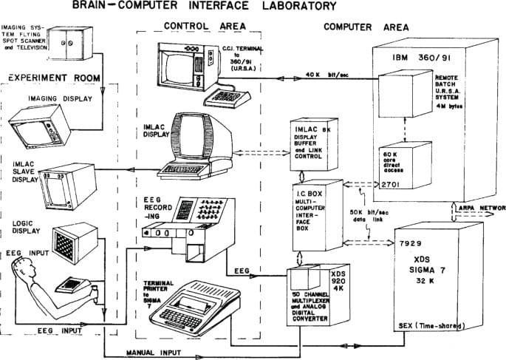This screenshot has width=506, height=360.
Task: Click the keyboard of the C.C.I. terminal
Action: click(228, 96)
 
